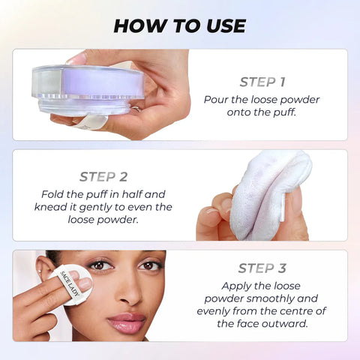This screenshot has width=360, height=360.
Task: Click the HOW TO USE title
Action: click(180, 25)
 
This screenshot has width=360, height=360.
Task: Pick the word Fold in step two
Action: click(74, 193)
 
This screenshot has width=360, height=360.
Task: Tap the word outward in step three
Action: click(291, 324)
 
